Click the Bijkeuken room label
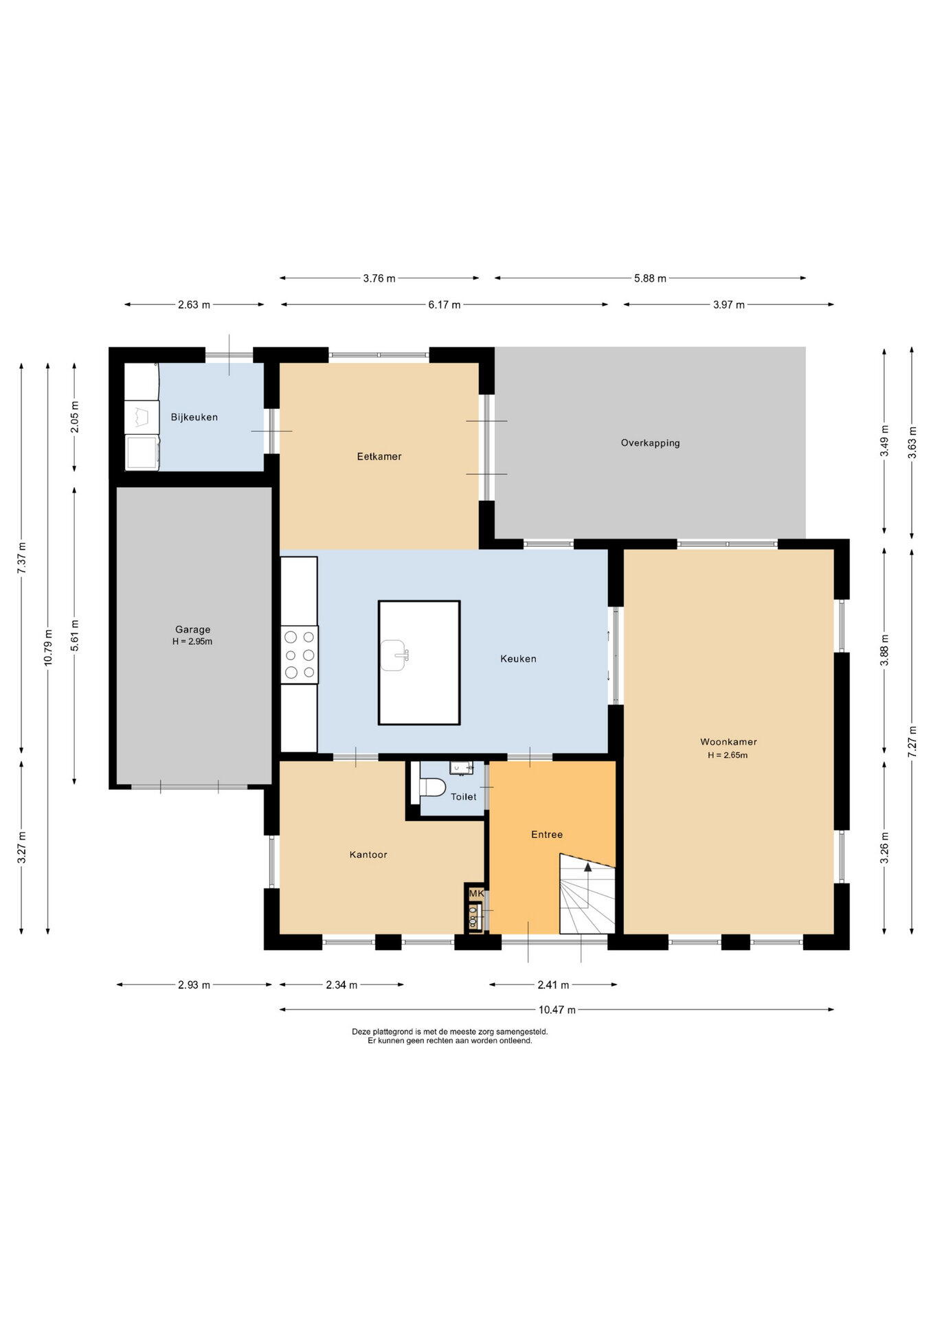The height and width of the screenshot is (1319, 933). click(194, 417)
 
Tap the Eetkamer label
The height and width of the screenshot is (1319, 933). click(379, 456)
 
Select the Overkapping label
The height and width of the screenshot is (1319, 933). click(651, 443)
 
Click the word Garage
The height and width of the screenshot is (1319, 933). click(192, 629)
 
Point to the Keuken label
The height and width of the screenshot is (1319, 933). click(518, 659)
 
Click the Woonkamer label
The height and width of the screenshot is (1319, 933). click(728, 742)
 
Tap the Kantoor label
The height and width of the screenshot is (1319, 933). click(368, 855)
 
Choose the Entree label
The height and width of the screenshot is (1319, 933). click(547, 835)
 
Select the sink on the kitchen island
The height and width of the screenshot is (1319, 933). click(394, 655)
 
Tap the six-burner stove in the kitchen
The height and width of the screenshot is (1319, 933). click(300, 655)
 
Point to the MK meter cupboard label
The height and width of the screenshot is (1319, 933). click(476, 894)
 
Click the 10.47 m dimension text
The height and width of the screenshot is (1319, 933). click(557, 1010)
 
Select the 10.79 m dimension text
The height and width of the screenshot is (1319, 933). click(47, 647)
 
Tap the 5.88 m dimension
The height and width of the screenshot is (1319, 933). click(650, 278)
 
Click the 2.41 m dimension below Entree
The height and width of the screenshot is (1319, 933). click(553, 985)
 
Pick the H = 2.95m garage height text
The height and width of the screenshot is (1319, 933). click(192, 642)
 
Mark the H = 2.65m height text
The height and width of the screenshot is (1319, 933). click(728, 755)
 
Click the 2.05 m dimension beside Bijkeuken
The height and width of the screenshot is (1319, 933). click(75, 416)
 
